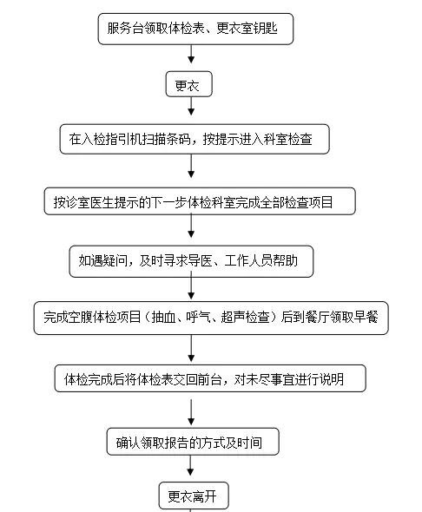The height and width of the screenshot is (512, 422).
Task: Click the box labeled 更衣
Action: (x=188, y=84)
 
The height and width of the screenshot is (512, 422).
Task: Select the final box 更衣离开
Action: (x=194, y=496)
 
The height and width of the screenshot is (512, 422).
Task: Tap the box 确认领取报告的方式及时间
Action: (x=193, y=442)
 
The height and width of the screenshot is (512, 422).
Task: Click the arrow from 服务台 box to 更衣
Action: (x=191, y=54)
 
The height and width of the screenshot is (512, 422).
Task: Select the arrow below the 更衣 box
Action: (x=191, y=106)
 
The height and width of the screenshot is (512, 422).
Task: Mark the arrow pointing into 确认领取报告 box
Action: (x=191, y=412)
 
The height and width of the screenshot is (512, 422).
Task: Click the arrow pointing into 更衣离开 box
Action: (x=190, y=465)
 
